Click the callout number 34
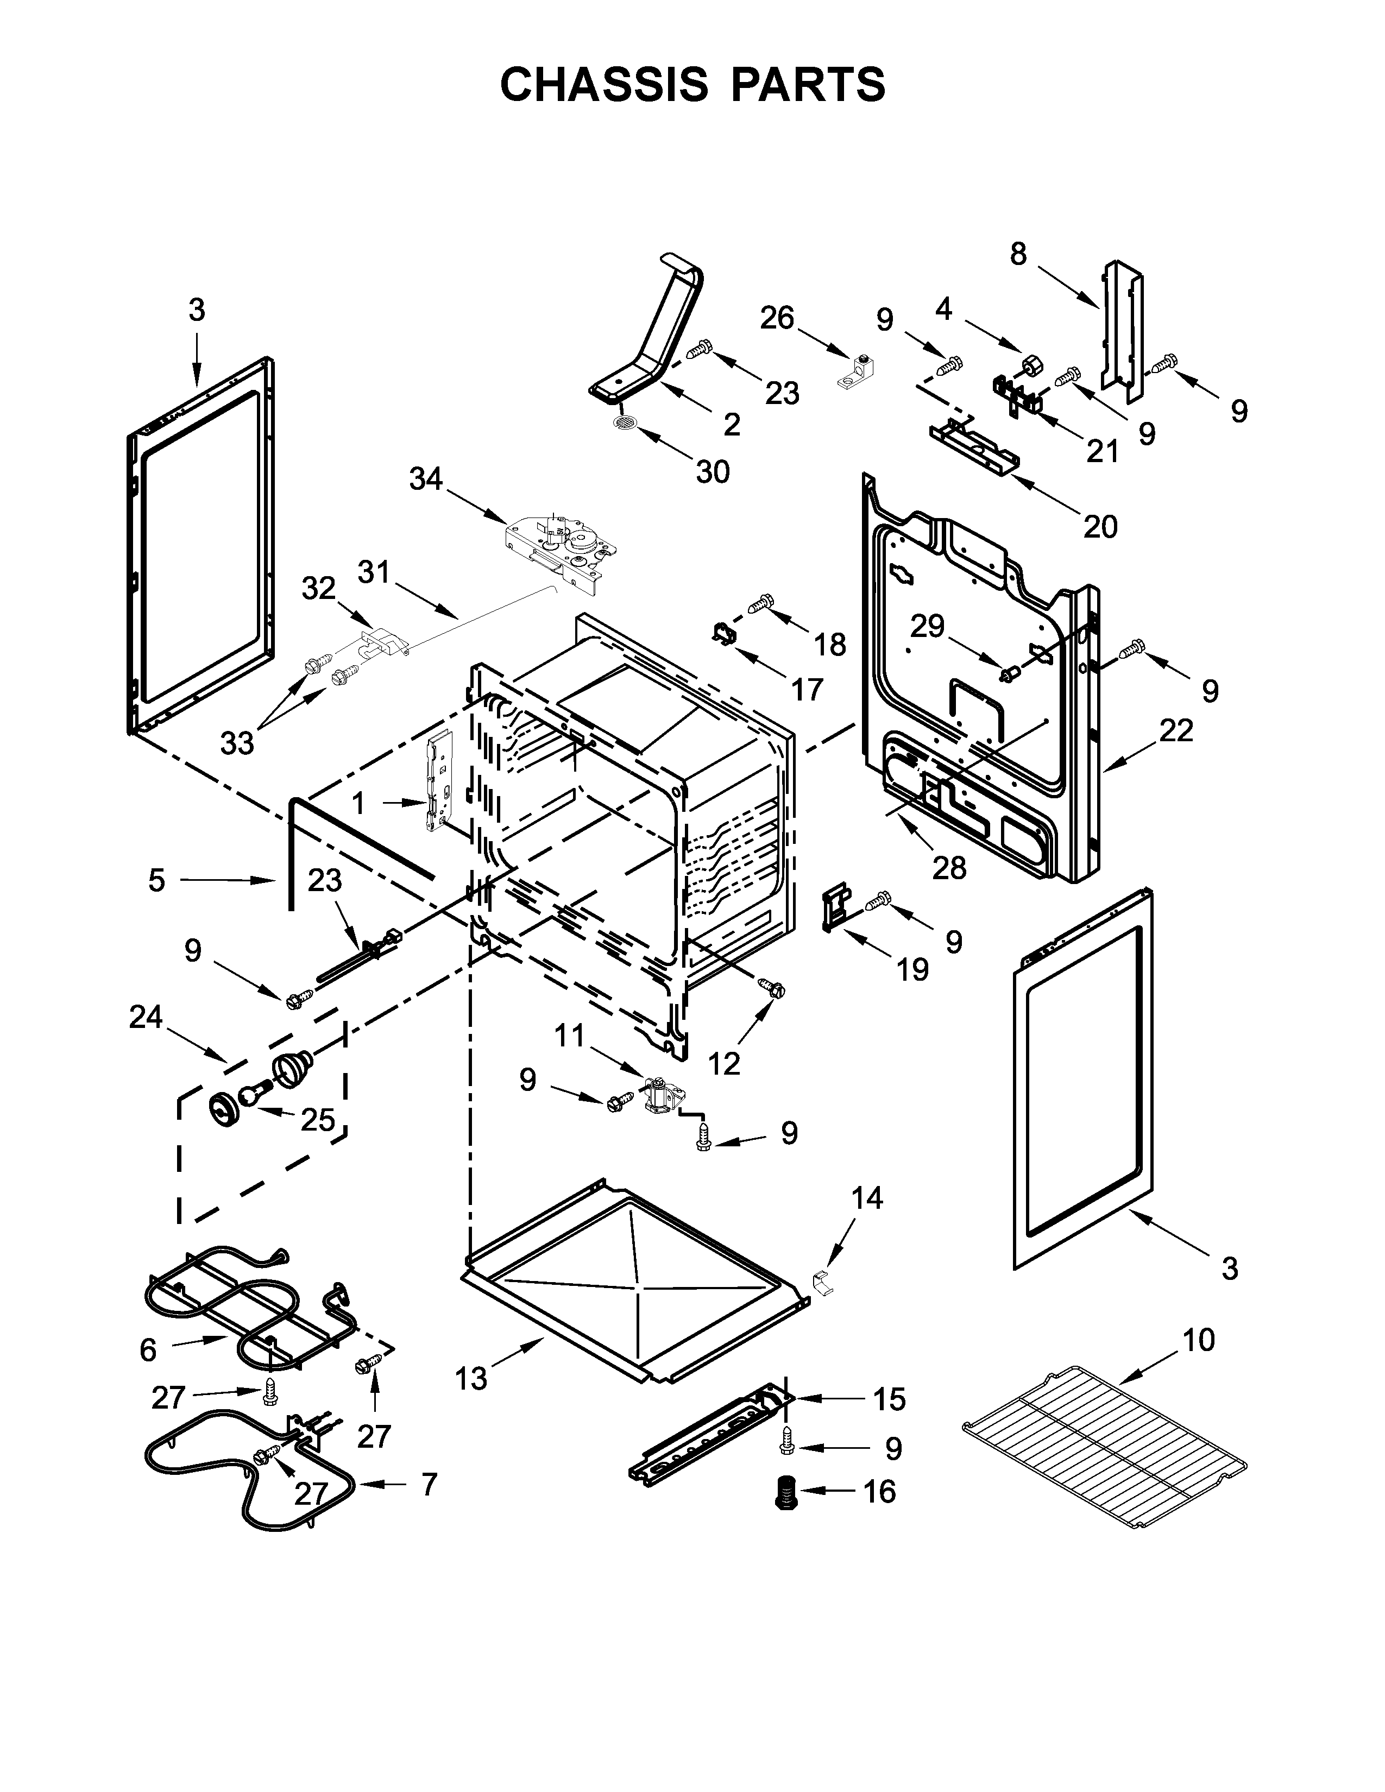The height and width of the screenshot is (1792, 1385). coord(425,478)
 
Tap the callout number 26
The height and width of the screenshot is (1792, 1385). coord(776,318)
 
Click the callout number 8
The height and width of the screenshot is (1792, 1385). coord(1017,254)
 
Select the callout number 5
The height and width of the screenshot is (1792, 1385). coord(157,880)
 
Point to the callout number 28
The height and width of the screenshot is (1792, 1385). coord(949,867)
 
